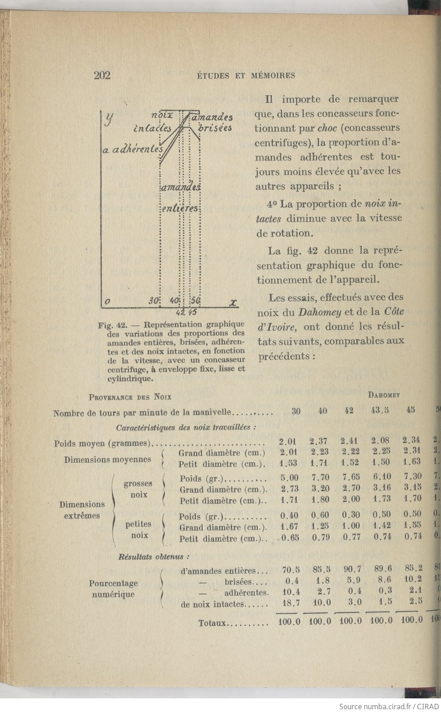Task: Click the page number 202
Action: pyautogui.click(x=102, y=75)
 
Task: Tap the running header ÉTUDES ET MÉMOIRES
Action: pyautogui.click(x=246, y=76)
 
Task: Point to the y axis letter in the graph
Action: pyautogui.click(x=109, y=119)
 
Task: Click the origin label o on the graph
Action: pyautogui.click(x=107, y=301)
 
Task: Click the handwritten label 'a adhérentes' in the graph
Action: pyautogui.click(x=132, y=150)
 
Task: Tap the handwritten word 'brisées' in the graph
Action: pyautogui.click(x=215, y=128)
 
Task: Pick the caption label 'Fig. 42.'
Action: pyautogui.click(x=112, y=325)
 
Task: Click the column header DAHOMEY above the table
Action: pyautogui.click(x=384, y=395)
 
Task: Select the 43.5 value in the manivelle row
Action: pyautogui.click(x=380, y=411)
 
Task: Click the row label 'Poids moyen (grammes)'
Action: pyautogui.click(x=102, y=443)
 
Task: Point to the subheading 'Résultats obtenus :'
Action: pyautogui.click(x=154, y=556)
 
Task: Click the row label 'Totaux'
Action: pyautogui.click(x=212, y=622)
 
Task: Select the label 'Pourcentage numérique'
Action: pyautogui.click(x=113, y=589)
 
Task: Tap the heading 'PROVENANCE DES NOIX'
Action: pyautogui.click(x=130, y=397)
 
